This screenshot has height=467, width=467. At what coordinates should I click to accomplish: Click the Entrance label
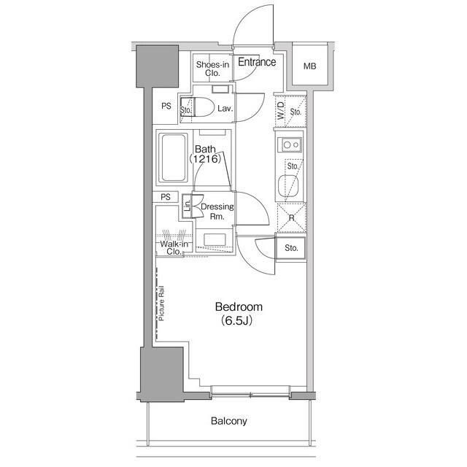[257, 62]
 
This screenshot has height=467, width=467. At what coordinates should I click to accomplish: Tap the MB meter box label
[309, 66]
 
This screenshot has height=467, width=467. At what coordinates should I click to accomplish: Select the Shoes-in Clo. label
[212, 69]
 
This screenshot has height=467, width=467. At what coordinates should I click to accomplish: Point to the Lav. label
[225, 109]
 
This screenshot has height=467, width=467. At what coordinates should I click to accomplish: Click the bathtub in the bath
[173, 158]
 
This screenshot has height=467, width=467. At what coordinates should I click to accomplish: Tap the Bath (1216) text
[205, 154]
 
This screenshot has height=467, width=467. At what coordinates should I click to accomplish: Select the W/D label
[281, 111]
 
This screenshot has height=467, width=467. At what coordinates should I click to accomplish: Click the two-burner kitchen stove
[290, 144]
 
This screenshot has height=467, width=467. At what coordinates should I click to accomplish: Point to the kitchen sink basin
[287, 186]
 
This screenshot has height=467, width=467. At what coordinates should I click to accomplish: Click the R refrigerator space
[291, 217]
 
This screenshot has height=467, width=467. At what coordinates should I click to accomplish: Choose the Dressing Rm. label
[217, 211]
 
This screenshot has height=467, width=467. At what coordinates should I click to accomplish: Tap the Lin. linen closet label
[187, 206]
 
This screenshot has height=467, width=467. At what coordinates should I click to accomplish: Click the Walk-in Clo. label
[174, 248]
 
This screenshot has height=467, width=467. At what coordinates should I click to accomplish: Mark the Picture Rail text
[161, 304]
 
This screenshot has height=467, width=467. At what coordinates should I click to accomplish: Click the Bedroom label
[239, 306]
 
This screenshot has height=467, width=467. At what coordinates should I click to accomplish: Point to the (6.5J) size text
[236, 321]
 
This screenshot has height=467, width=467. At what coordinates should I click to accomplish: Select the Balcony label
[228, 421]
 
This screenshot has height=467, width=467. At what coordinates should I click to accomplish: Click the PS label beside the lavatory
[166, 106]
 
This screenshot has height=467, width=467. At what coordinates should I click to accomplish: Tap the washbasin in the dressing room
[215, 240]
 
